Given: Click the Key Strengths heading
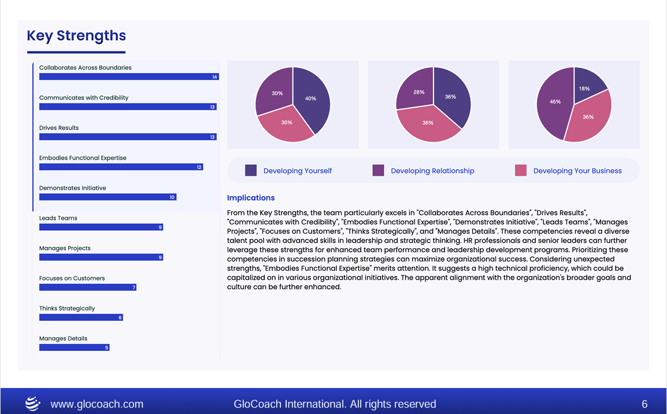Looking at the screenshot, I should pyautogui.click(x=76, y=36).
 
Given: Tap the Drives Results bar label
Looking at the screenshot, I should pyautogui.click(x=59, y=128).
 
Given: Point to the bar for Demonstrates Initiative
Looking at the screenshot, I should pyautogui.click(x=108, y=197).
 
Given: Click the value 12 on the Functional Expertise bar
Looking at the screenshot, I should pyautogui.click(x=199, y=167).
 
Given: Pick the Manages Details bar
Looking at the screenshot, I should pyautogui.click(x=74, y=348).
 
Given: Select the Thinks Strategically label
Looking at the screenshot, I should pyautogui.click(x=67, y=308).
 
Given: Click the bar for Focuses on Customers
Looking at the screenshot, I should pyautogui.click(x=87, y=287).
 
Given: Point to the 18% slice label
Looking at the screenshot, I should pyautogui.click(x=584, y=88).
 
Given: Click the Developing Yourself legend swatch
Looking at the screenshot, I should pyautogui.click(x=251, y=171).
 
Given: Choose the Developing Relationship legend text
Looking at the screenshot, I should pyautogui.click(x=432, y=171).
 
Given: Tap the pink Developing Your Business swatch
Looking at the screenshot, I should pyautogui.click(x=521, y=171).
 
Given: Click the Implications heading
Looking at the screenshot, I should pyautogui.click(x=251, y=198).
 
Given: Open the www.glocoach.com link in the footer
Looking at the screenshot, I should pyautogui.click(x=97, y=404).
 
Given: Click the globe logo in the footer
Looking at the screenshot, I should pyautogui.click(x=33, y=404).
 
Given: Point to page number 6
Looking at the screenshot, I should pyautogui.click(x=644, y=404).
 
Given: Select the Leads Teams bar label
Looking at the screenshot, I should pyautogui.click(x=58, y=218).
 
